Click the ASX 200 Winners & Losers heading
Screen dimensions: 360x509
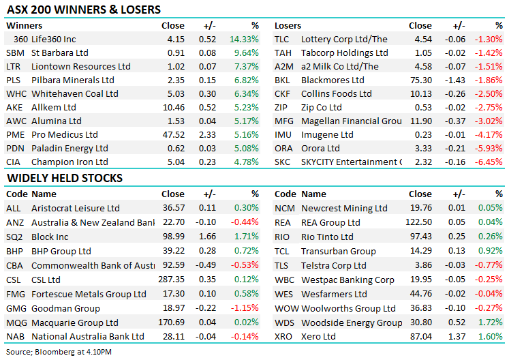pos(83,10)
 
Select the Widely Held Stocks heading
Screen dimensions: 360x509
pos(64,178)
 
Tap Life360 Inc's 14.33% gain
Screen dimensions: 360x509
pos(246,40)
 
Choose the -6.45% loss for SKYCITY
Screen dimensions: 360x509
pos(490,162)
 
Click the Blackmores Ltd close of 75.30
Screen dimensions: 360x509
pos(419,80)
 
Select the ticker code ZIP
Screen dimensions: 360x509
pos(281,108)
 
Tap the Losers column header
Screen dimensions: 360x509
pos(288,26)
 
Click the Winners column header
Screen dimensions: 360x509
pos(23,26)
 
